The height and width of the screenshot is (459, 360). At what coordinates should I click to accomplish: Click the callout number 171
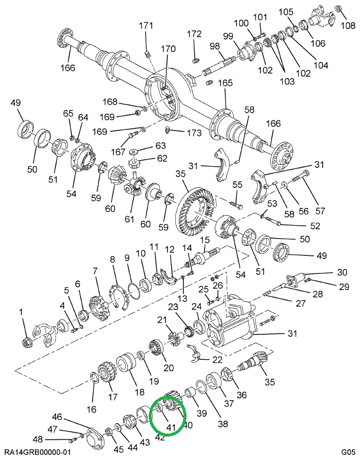146,25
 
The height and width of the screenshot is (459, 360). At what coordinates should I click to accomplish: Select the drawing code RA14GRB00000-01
37,452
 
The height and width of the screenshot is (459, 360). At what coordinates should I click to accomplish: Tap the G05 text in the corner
347,452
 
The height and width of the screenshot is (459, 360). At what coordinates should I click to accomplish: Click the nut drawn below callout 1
26,341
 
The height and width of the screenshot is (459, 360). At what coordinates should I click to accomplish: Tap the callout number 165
226,83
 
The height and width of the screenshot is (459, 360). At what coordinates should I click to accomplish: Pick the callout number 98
214,46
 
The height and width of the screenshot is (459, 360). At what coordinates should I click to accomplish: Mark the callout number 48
38,439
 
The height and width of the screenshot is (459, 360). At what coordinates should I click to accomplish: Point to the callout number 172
194,34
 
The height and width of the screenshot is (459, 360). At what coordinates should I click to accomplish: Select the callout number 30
342,272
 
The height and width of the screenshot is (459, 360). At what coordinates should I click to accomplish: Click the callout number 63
145,145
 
